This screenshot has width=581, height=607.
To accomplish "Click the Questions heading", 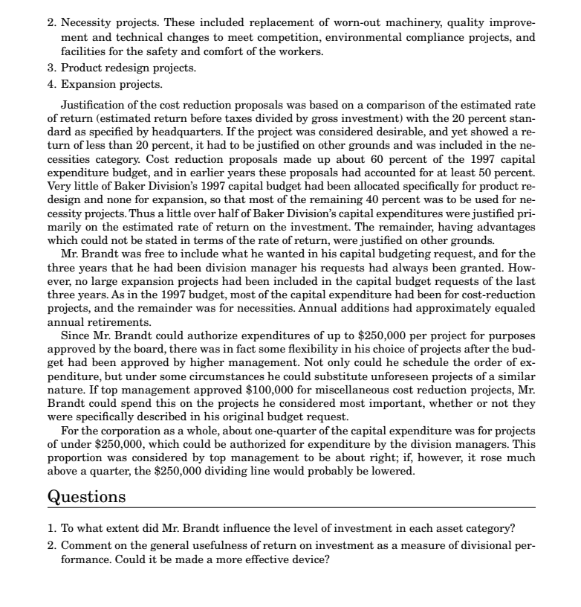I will click(x=84, y=495).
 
